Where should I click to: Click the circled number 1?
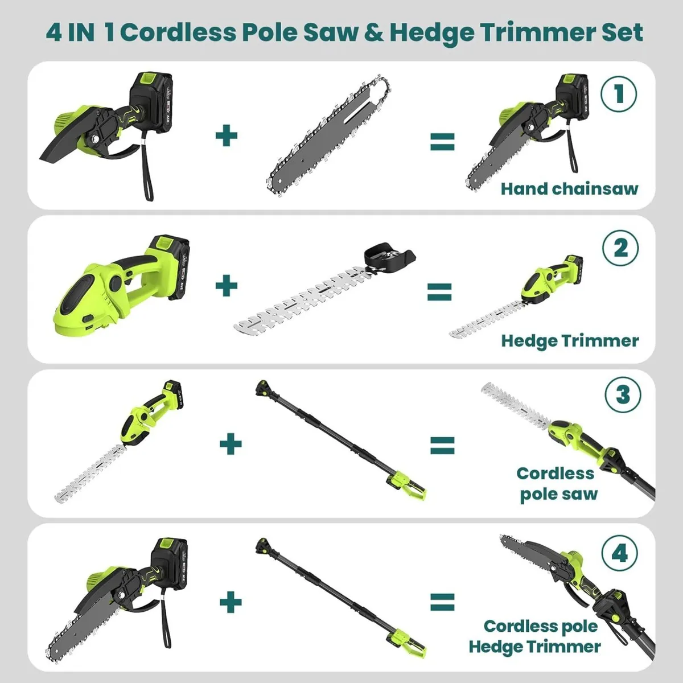(x=619, y=94)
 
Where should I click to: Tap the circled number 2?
(x=620, y=248)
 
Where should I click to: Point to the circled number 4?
(x=620, y=552)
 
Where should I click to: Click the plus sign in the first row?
(x=227, y=136)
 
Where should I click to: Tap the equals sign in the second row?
(x=440, y=292)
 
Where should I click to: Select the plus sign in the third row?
(x=231, y=443)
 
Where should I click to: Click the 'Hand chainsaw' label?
(x=569, y=188)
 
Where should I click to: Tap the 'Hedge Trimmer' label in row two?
(x=570, y=340)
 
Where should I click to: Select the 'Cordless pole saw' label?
(x=557, y=483)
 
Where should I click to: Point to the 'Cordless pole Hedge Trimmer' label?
(x=536, y=636)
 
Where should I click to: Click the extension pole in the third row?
(x=336, y=438)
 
